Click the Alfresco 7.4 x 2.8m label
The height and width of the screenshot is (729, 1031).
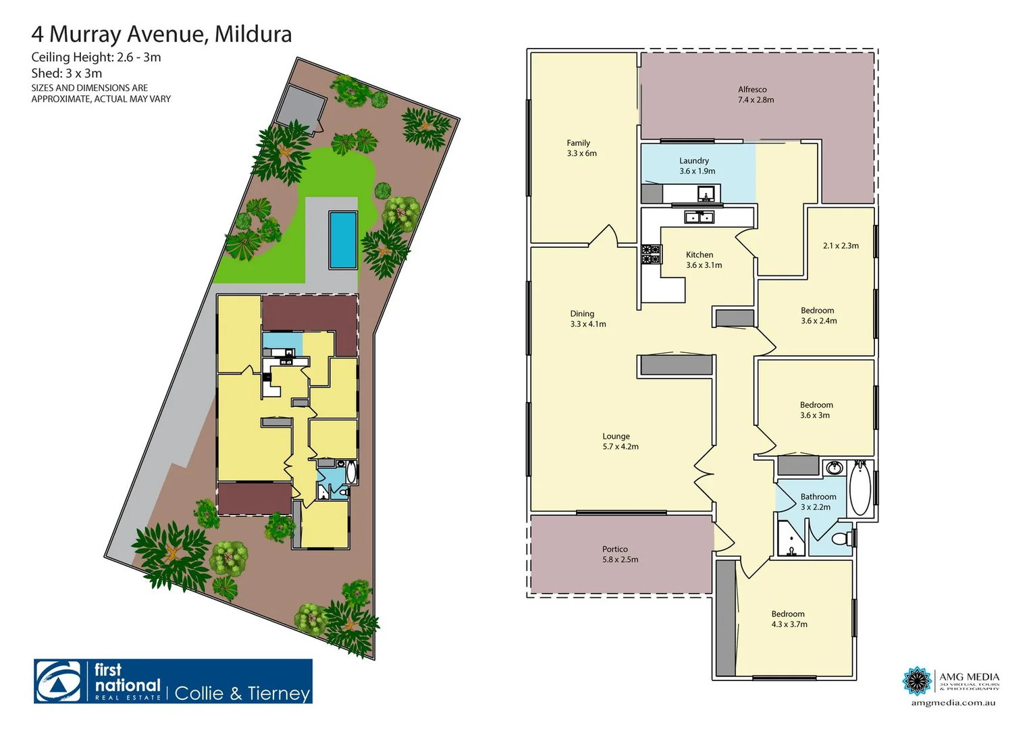click(756, 94)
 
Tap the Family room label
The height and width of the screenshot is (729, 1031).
click(581, 148)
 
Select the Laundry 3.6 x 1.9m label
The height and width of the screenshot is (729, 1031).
click(696, 166)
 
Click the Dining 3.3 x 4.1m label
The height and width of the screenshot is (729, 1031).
click(587, 319)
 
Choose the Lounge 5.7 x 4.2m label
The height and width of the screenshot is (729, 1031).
click(620, 441)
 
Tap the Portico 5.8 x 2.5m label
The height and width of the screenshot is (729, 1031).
click(619, 554)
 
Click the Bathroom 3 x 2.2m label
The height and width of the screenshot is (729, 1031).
click(818, 502)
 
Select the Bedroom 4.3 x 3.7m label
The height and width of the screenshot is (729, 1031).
click(789, 619)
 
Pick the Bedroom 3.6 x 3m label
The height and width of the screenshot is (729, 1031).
click(816, 410)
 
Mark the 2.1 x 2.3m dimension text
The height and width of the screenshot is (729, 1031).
click(841, 246)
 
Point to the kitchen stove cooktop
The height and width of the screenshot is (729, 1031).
click(650, 254)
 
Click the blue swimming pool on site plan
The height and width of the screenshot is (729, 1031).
click(342, 239)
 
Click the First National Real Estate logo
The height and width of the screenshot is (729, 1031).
click(173, 682)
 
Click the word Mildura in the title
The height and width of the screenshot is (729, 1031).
click(253, 34)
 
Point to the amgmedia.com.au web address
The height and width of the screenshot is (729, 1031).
click(953, 703)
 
